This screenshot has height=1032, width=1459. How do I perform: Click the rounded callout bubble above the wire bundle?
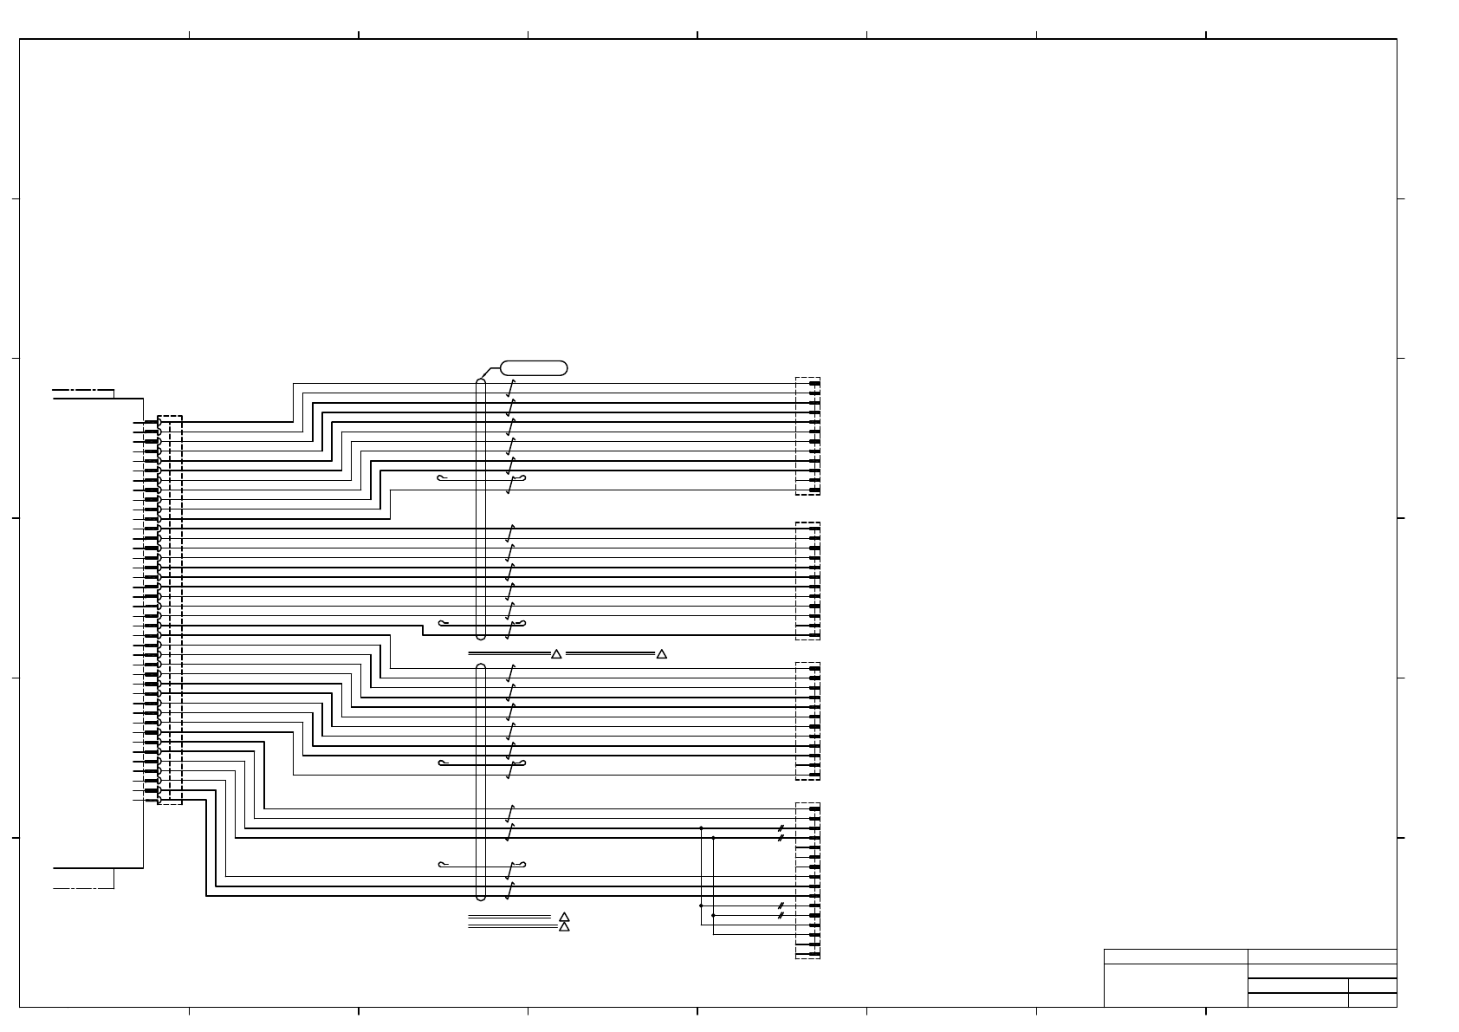(534, 368)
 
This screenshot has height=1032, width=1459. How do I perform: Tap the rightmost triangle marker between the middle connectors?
(662, 654)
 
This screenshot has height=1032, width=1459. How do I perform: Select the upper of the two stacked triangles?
(564, 917)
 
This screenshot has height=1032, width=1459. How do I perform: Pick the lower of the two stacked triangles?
(564, 927)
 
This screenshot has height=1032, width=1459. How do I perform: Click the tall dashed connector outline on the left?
(171, 610)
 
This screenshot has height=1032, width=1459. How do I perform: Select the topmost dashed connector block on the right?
(807, 436)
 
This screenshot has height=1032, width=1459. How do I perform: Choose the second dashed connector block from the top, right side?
(807, 581)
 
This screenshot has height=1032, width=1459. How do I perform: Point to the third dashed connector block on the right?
(807, 721)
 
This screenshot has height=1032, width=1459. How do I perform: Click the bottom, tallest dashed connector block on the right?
(807, 880)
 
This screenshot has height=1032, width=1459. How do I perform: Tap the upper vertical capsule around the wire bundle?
(481, 510)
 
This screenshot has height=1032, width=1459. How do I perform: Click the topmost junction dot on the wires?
(701, 828)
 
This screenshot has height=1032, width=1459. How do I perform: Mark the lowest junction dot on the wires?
(713, 915)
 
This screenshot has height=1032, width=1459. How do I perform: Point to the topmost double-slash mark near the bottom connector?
(781, 828)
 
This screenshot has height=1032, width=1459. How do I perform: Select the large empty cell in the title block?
(1175, 985)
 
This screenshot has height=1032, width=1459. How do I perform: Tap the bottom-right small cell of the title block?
(1372, 1000)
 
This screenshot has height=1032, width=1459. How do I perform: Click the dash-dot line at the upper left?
(83, 391)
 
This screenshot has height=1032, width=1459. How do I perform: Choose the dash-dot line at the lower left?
(83, 888)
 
